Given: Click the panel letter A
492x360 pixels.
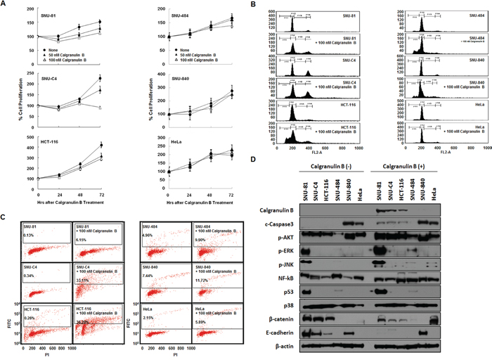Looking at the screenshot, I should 6,5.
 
